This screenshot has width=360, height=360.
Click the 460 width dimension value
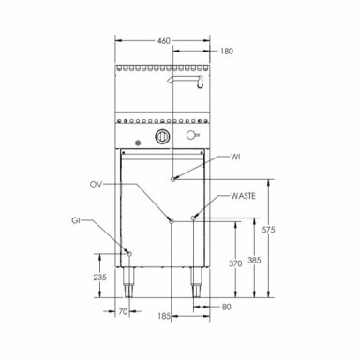pos(164,41)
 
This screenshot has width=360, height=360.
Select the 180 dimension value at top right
pos(227,51)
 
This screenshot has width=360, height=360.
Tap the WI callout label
pos(235,157)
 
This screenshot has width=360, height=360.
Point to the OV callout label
pos(96,185)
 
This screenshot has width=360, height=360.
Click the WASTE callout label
pos(243,196)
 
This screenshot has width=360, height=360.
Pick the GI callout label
pos(76,220)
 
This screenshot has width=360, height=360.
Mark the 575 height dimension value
pos(268,230)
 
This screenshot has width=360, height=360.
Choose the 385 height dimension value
pos(254,260)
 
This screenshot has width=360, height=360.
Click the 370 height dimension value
pos(235,263)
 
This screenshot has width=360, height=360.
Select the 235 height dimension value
pos(100,277)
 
